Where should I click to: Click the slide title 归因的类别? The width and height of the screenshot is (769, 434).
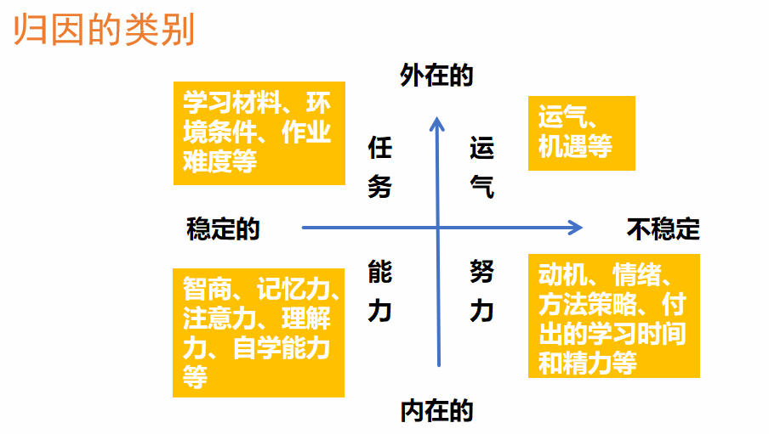[x=104, y=30]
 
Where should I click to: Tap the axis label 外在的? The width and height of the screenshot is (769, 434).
[x=436, y=76]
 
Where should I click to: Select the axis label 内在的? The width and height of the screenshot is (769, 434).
[x=436, y=410]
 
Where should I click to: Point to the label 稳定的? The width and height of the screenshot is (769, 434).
[x=223, y=228]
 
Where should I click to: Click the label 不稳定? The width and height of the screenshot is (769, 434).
[x=663, y=228]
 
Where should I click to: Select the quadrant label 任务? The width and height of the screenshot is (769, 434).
[x=380, y=167]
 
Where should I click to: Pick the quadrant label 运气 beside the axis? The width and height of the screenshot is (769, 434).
[x=481, y=167]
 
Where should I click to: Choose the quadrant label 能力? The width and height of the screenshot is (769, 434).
[x=380, y=291]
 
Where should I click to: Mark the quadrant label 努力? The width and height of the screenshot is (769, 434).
[x=481, y=291]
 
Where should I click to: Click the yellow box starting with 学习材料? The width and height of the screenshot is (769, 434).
[x=259, y=133]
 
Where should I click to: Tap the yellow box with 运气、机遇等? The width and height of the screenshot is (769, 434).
[x=582, y=133]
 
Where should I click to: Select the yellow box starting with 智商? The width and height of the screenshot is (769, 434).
[x=259, y=333]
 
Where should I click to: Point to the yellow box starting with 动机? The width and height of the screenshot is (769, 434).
[x=614, y=316]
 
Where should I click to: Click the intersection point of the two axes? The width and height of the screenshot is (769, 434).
[x=438, y=228]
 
